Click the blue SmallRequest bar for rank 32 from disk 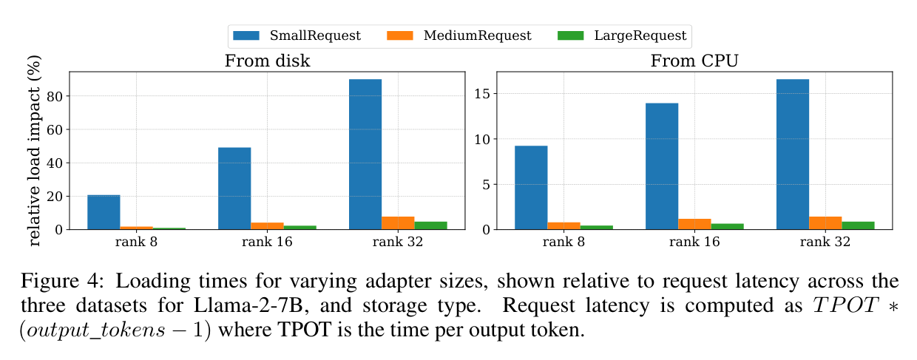[365, 154]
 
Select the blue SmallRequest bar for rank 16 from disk [234, 189]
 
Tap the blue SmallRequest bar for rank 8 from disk [104, 212]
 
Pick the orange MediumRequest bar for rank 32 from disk [398, 223]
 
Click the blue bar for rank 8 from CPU [531, 188]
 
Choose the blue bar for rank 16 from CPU [662, 166]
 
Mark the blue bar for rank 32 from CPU [793, 154]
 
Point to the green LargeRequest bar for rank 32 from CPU [858, 225]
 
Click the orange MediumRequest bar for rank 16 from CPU [694, 224]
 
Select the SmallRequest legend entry [297, 35]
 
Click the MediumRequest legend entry [459, 35]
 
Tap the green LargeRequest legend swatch [571, 35]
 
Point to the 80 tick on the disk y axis [55, 97]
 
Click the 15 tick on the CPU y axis [482, 94]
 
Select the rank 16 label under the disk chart [267, 242]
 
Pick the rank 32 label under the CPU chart [825, 242]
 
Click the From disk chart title [267, 61]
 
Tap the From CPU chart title [694, 61]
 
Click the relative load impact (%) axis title [34, 151]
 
